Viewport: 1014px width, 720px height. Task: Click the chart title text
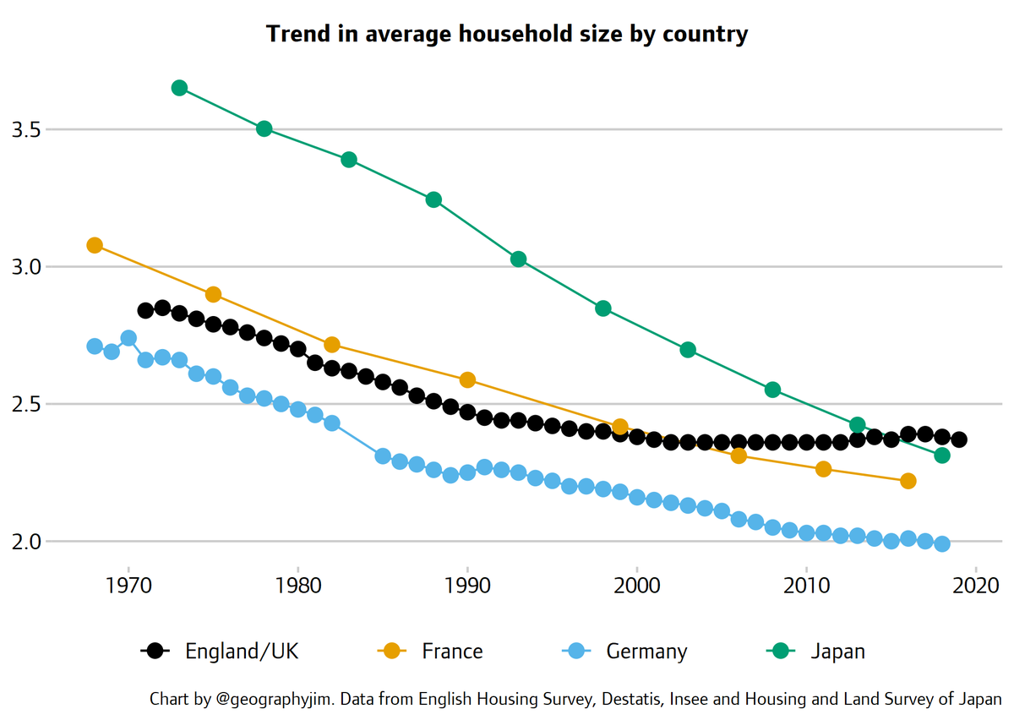pos(507,35)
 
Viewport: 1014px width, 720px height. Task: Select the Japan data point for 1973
pos(179,88)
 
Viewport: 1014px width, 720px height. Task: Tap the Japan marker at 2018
pos(942,455)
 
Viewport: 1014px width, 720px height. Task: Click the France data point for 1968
pos(95,245)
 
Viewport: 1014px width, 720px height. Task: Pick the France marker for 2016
pos(908,481)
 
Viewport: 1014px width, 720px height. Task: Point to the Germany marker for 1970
pos(128,338)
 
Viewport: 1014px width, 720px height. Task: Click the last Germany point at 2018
pos(942,543)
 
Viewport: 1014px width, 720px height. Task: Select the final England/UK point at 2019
pos(959,439)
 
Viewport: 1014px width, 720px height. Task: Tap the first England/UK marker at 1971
pos(145,310)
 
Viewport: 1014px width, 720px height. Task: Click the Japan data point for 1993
pos(519,259)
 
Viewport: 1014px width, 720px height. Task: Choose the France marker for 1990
pos(467,379)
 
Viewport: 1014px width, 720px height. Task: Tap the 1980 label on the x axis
pos(298,586)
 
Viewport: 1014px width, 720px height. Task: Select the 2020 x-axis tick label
pos(976,586)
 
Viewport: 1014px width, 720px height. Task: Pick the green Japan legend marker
pos(779,651)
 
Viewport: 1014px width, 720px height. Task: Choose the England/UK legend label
pos(242,652)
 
